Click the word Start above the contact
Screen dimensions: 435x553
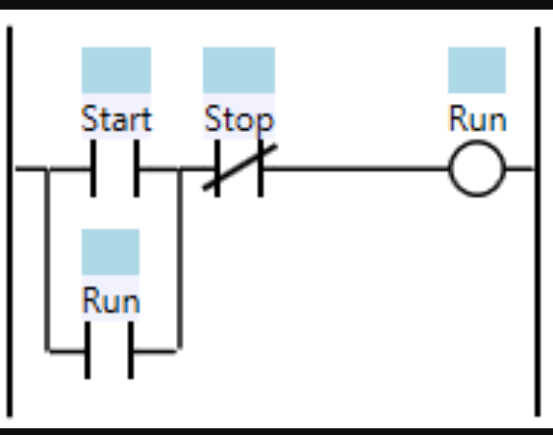pos(115,119)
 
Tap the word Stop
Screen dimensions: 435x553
pos(239,119)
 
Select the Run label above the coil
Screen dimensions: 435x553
pos(477,119)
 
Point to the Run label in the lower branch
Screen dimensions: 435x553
pos(111,300)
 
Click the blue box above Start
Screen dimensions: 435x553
pos(115,69)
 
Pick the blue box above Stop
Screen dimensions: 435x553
pos(239,69)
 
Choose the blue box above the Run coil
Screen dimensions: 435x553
pos(477,69)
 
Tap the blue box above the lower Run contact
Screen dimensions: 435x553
pos(111,251)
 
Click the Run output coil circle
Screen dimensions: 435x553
pos(476,170)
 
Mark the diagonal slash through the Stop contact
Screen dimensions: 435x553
pos(239,167)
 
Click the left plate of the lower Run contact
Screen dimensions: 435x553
pos(88,350)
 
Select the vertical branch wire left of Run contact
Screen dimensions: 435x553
pos(47,260)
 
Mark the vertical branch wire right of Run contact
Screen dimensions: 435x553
pos(180,260)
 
